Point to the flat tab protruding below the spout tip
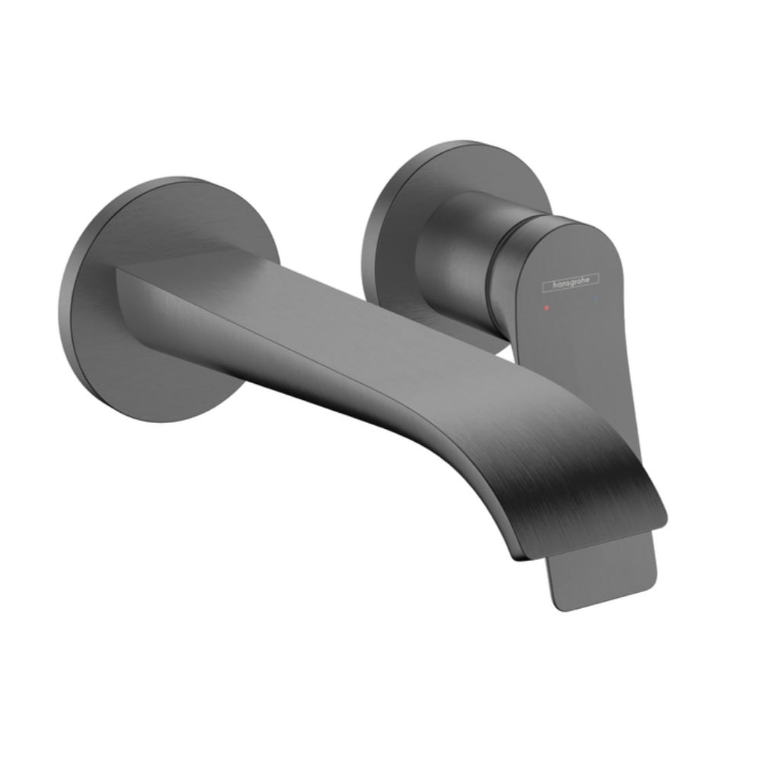point(602,571)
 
